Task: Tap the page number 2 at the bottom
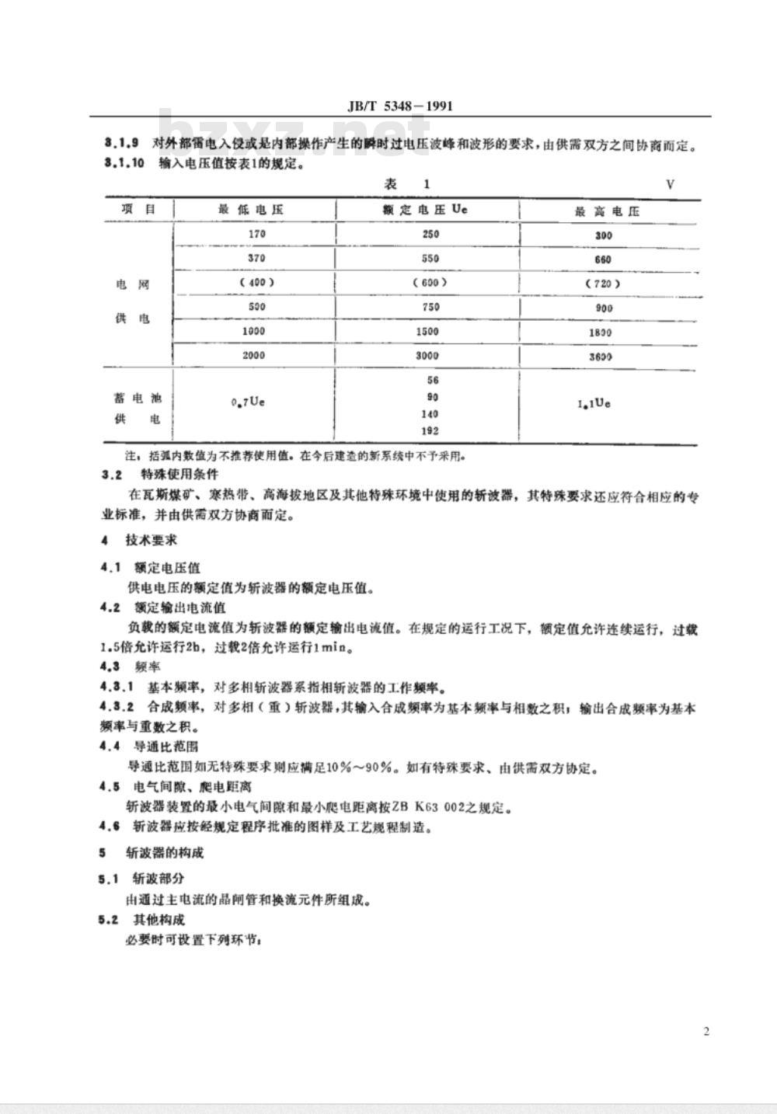click(706, 1031)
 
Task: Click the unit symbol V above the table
click(670, 184)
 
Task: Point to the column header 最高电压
click(607, 211)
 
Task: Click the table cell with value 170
click(256, 234)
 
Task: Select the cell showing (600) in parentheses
click(430, 283)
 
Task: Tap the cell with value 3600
click(600, 357)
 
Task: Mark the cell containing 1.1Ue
click(594, 404)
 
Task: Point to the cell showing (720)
click(602, 284)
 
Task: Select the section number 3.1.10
click(124, 164)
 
